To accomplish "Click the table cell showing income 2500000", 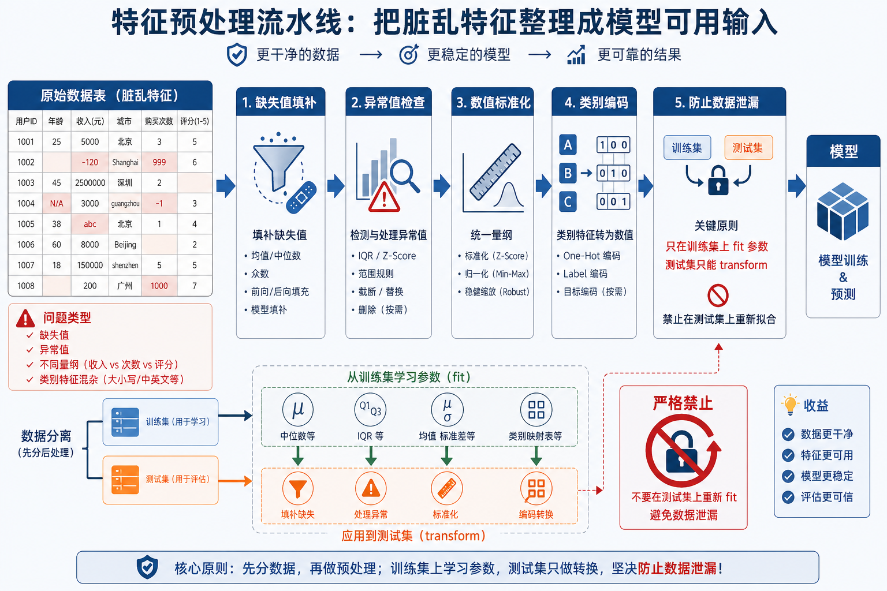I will (90, 183).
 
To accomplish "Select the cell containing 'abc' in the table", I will (90, 224).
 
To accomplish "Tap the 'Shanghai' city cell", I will (125, 163).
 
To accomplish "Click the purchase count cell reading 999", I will (159, 163).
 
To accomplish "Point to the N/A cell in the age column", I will (57, 204).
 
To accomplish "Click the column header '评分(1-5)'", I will (195, 121).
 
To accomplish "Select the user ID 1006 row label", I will (26, 245).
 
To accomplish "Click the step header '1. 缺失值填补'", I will (280, 103).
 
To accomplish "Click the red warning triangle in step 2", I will (384, 197).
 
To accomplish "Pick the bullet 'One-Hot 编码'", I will (592, 256).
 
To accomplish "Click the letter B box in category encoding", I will (568, 173).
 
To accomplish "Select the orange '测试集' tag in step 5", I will (748, 148).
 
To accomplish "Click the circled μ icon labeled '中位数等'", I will (298, 410).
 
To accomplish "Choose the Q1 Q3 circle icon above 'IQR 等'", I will (370, 410).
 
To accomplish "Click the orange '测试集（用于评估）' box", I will (161, 480).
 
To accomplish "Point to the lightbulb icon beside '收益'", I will (789, 405).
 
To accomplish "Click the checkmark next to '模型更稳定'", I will (788, 476).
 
